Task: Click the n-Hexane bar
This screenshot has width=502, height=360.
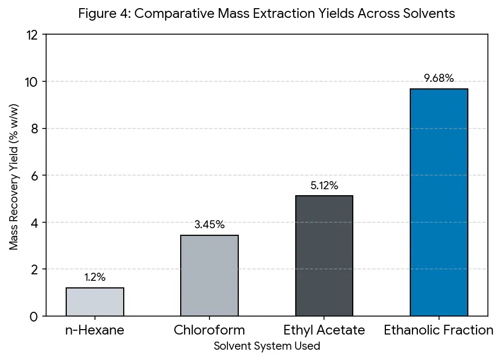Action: tap(95, 302)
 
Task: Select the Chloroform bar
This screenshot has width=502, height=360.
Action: tap(209, 275)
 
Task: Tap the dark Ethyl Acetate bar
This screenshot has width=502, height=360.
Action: tap(324, 256)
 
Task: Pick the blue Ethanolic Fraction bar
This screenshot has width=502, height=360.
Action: tap(439, 202)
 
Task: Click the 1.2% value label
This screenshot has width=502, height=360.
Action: tap(95, 277)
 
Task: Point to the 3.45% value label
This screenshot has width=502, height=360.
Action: tap(209, 224)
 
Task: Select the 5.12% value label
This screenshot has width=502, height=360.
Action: tap(324, 185)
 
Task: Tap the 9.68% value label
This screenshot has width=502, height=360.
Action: tap(439, 78)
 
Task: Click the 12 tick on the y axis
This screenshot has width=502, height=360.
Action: tap(32, 35)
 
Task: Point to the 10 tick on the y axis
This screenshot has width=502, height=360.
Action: tap(31, 82)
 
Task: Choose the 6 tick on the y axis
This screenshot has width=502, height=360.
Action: tap(35, 176)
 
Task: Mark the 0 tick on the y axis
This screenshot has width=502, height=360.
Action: tap(34, 317)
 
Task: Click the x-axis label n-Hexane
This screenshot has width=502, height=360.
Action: tap(95, 330)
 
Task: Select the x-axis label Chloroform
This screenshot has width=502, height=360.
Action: tap(209, 330)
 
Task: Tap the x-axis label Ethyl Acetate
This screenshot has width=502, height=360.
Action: tap(324, 330)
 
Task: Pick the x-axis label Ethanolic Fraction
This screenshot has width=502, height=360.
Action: tap(439, 330)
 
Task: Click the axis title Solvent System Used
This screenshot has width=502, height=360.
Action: tap(267, 346)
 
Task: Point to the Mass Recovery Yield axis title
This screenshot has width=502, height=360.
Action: tap(14, 177)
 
